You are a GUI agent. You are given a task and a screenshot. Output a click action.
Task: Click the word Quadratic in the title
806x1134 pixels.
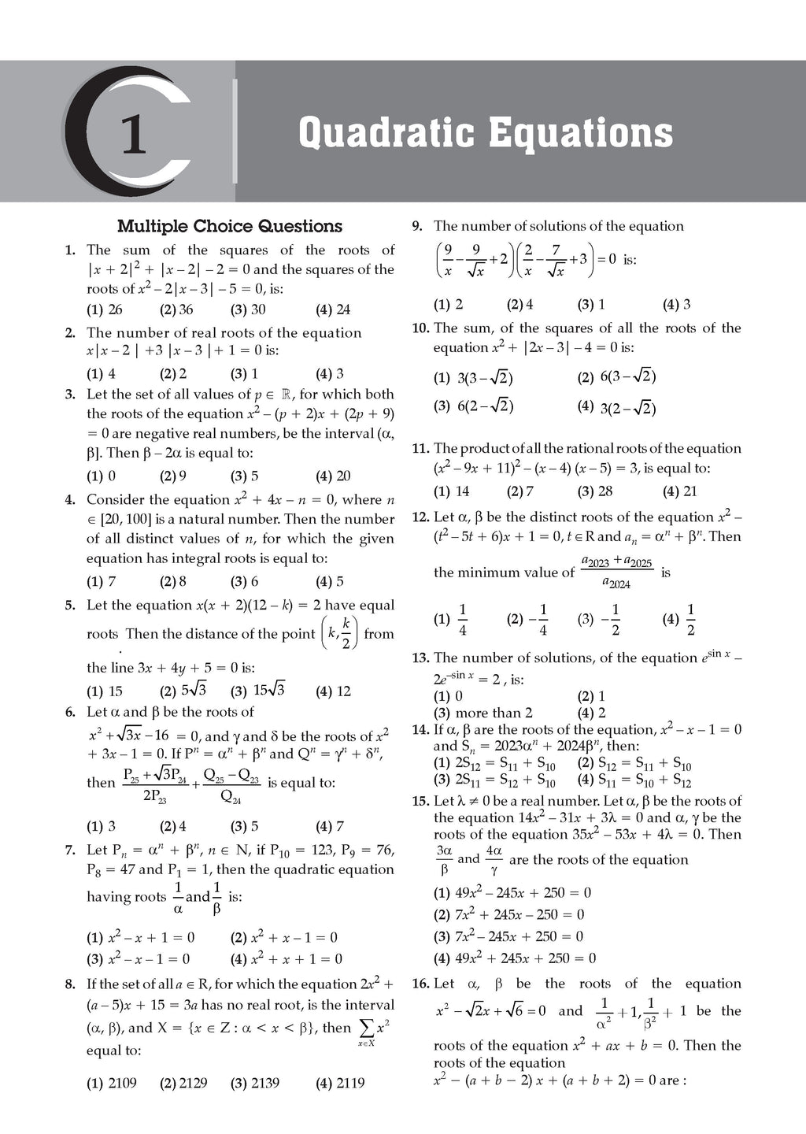[386, 132]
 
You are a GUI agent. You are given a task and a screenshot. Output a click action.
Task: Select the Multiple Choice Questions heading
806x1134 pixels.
[230, 227]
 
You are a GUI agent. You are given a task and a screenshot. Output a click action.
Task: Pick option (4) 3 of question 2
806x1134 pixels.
[329, 373]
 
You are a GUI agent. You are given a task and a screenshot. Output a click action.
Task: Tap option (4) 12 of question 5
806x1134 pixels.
[333, 691]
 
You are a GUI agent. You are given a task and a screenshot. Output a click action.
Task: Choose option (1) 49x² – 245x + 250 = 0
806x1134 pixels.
[512, 893]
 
